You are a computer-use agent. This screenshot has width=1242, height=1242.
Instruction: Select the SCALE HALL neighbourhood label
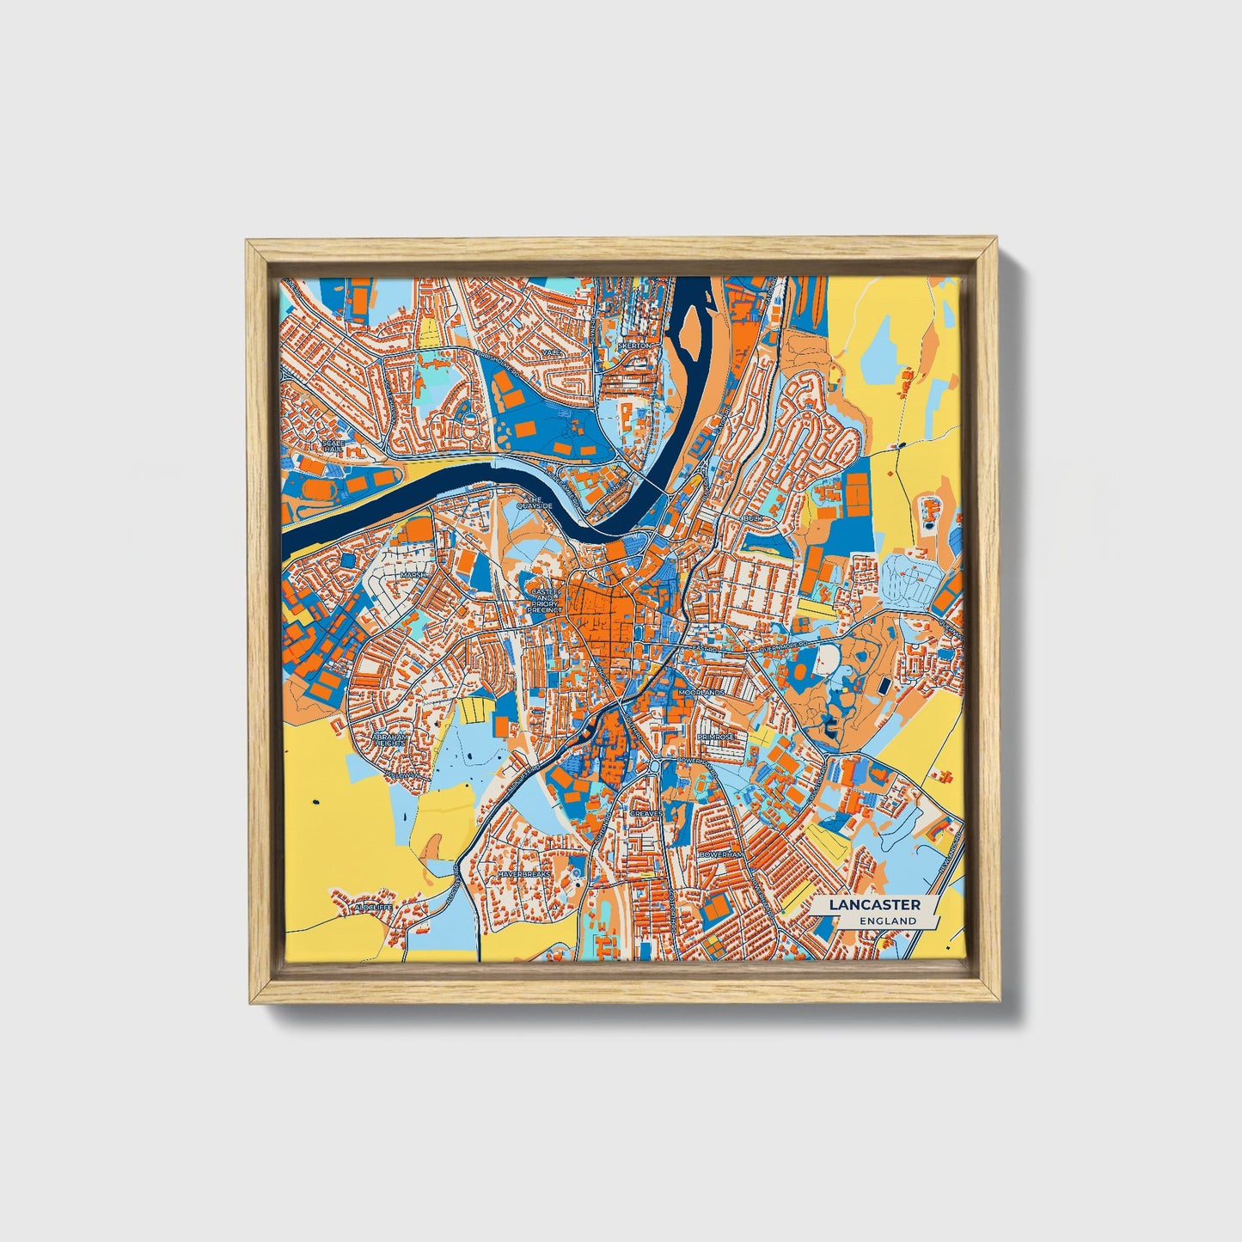tap(332, 446)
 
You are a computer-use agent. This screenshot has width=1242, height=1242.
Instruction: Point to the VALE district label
tap(550, 352)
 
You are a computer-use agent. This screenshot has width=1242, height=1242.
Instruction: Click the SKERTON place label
tap(634, 345)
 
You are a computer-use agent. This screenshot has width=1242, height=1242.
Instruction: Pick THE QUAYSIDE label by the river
tap(533, 503)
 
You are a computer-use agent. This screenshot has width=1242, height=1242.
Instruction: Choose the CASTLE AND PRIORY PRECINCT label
tap(545, 600)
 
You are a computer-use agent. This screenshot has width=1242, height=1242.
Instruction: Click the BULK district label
tap(753, 520)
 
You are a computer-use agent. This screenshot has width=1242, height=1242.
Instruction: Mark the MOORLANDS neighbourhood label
tap(701, 692)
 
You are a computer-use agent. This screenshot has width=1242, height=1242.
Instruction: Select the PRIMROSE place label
tap(716, 737)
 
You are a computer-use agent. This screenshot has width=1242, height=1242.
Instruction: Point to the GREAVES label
tap(646, 812)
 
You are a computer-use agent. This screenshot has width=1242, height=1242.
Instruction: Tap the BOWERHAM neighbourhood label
tap(720, 856)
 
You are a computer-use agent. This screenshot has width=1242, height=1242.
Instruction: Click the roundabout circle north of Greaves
tap(655, 765)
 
